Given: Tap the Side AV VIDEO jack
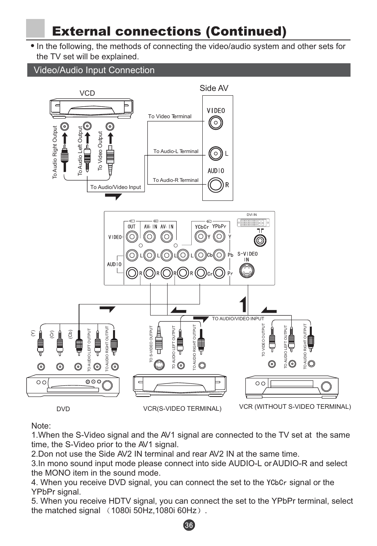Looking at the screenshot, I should (215, 123).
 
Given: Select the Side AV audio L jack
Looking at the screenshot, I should (215, 153).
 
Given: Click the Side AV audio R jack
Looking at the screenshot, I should (215, 184).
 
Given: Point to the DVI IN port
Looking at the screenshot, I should (254, 222).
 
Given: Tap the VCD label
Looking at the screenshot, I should (87, 93).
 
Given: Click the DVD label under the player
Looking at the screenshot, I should (63, 409).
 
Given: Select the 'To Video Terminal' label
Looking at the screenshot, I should (170, 116).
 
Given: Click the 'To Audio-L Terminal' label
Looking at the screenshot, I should (176, 151).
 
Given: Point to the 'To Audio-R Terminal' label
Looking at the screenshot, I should (175, 180).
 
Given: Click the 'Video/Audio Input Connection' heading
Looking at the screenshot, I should (94, 70).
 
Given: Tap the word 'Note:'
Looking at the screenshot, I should (41, 426).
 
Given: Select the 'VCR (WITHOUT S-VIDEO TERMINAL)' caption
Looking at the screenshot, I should (295, 406).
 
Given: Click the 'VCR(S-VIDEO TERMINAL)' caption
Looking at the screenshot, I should (182, 409).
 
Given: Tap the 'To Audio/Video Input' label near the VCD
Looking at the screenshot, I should (115, 187).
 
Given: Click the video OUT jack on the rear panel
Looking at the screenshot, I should (132, 237).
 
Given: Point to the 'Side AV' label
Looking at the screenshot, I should (214, 88).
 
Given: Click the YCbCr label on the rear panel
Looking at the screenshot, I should (202, 227).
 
